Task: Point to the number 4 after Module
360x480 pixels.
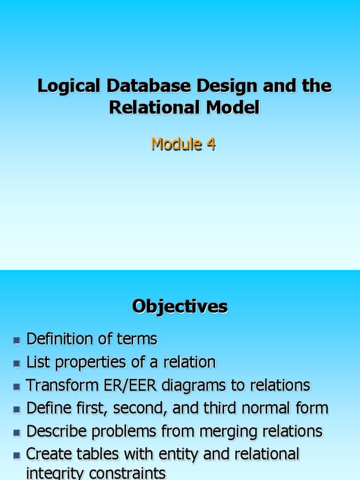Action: [211, 144]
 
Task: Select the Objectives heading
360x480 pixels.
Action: [180, 307]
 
